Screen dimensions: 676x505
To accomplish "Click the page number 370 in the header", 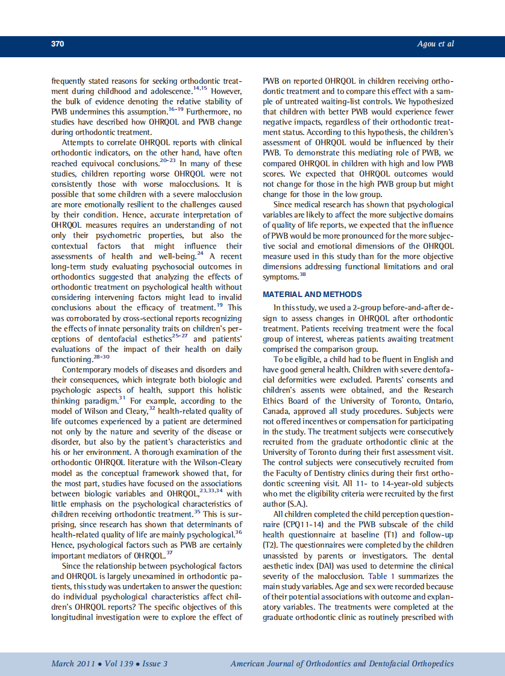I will point(57,44).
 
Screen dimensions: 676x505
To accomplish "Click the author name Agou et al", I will point(435,44).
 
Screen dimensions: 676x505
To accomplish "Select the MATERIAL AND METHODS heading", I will point(312,295).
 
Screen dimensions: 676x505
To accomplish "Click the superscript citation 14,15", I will point(200,89).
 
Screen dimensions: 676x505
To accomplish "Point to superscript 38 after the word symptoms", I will point(303,275).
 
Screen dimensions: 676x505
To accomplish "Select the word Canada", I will point(277,410).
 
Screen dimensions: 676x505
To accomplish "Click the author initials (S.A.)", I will point(295,504).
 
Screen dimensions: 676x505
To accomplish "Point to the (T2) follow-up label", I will point(269,545).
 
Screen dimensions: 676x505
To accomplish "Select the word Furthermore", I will point(215,111).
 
